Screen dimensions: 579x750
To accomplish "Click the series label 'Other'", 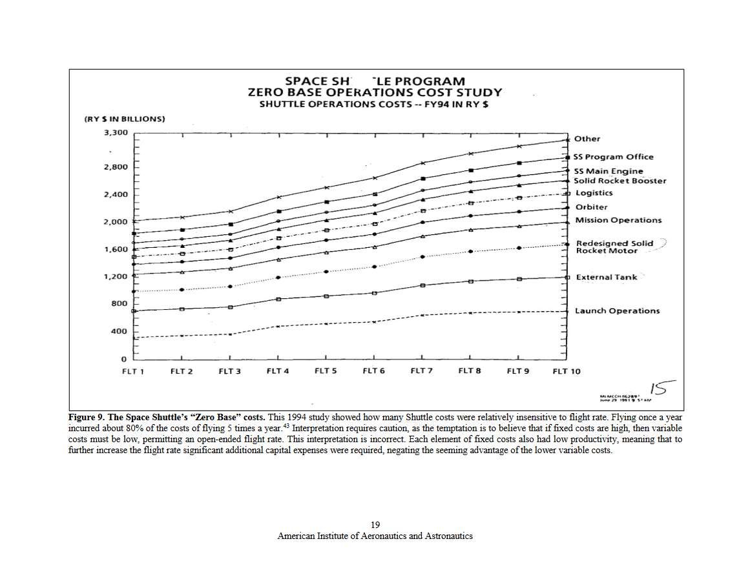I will click(587, 139).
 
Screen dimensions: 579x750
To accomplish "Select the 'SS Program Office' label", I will click(613, 157).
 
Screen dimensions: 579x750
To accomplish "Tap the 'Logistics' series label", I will click(594, 193).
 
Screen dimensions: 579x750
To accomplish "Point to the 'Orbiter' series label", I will click(591, 207).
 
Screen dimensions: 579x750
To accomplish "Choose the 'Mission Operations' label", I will click(618, 220).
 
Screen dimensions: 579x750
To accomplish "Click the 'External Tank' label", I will click(606, 278).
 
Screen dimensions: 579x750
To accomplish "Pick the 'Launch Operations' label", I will click(617, 311).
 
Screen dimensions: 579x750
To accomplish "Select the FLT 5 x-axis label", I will click(326, 371).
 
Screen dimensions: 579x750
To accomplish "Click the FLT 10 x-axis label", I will click(567, 371).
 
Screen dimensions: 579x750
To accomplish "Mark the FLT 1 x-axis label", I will click(134, 371).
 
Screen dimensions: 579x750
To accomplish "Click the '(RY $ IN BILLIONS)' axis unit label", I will click(125, 119).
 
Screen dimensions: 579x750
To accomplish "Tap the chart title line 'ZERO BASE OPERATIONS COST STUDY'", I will click(375, 92).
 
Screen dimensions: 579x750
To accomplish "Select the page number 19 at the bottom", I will click(375, 524).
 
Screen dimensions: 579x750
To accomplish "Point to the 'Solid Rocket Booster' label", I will click(620, 181).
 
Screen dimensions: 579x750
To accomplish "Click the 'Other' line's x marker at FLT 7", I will click(422, 163).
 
